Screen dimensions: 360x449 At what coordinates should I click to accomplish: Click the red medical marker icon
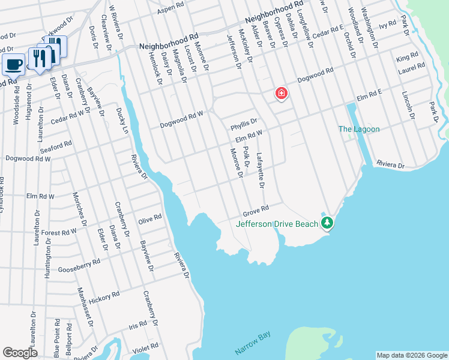pyautogui.click(x=280, y=94)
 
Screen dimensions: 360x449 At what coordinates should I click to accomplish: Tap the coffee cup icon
pyautogui.click(x=13, y=64)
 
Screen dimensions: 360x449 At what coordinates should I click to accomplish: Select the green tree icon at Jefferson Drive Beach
pyautogui.click(x=327, y=223)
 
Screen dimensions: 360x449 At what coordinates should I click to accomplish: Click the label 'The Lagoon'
pyautogui.click(x=359, y=129)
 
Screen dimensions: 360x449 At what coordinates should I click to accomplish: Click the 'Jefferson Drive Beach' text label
pyautogui.click(x=277, y=224)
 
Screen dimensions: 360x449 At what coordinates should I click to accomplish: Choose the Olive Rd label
pyautogui.click(x=149, y=218)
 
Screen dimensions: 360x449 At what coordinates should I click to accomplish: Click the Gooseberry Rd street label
pyautogui.click(x=79, y=265)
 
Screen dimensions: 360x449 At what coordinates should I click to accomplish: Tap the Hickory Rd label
pyautogui.click(x=104, y=297)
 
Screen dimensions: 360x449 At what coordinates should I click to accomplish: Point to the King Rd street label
pyautogui.click(x=407, y=58)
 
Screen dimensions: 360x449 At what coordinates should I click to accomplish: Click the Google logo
pyautogui.click(x=20, y=353)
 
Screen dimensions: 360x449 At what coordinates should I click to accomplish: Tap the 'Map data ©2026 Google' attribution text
pyautogui.click(x=411, y=355)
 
